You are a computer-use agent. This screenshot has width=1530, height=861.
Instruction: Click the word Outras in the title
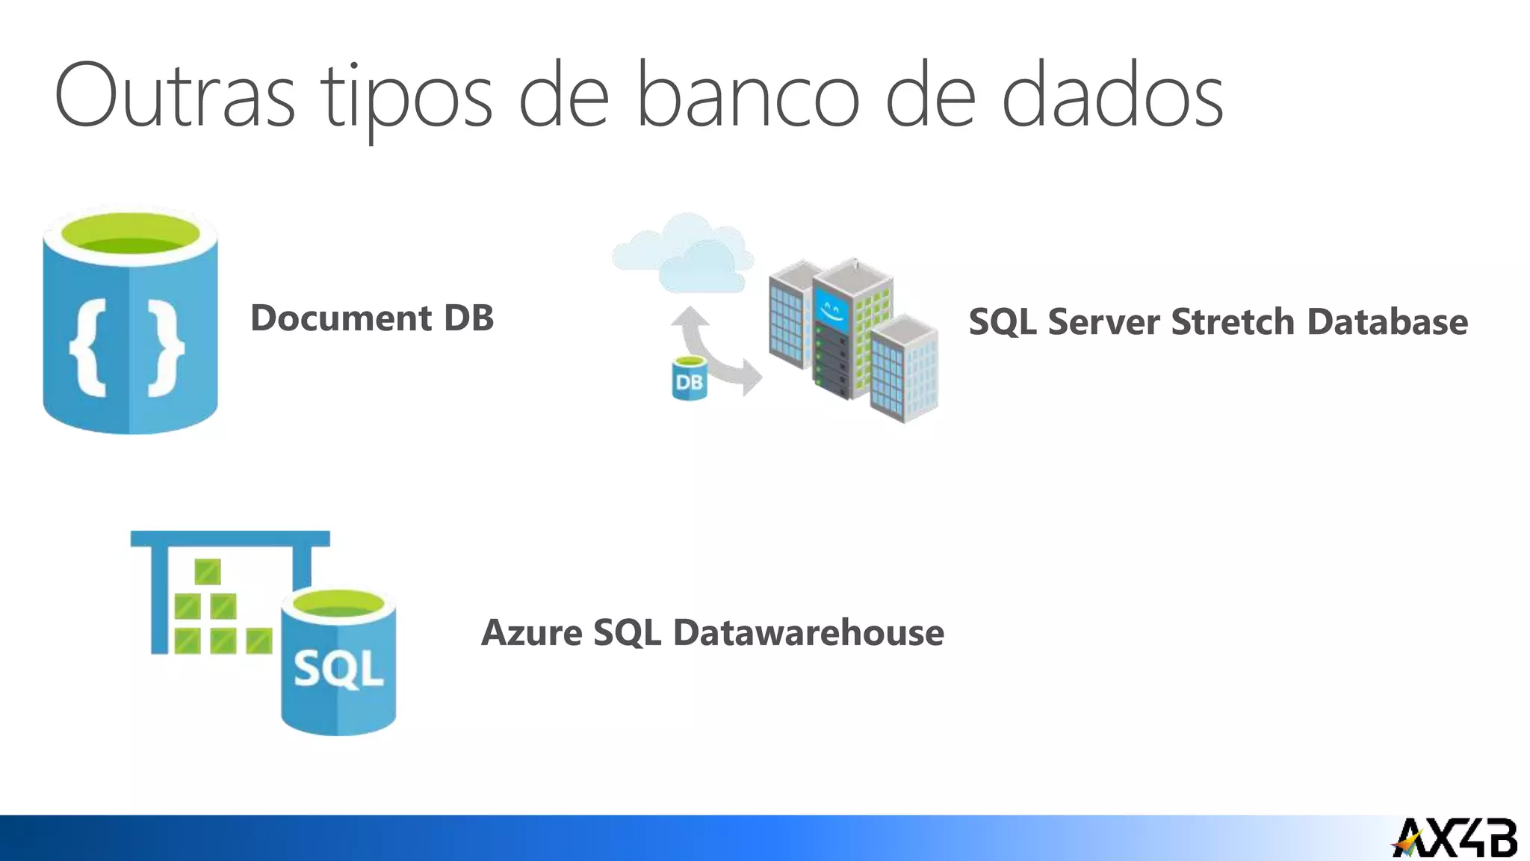[174, 96]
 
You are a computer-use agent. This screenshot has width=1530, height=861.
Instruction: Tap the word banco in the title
[748, 96]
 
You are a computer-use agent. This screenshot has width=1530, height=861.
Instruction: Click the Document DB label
[372, 318]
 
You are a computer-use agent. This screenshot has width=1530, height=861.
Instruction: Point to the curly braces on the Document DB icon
[127, 347]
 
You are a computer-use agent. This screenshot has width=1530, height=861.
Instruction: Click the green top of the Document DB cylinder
[130, 235]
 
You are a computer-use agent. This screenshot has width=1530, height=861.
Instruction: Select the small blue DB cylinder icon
[689, 379]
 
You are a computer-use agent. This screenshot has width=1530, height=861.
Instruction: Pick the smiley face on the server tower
[831, 309]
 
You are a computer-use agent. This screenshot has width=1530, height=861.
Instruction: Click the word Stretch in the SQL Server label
[1232, 322]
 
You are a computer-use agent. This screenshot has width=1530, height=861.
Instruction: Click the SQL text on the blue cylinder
[338, 668]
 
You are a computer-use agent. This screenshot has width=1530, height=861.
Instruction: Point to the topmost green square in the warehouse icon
[208, 571]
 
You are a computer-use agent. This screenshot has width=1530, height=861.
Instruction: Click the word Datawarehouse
[808, 633]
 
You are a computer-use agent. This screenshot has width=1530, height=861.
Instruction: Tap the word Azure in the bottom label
[531, 633]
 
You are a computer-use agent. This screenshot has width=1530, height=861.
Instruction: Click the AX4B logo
[1454, 838]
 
